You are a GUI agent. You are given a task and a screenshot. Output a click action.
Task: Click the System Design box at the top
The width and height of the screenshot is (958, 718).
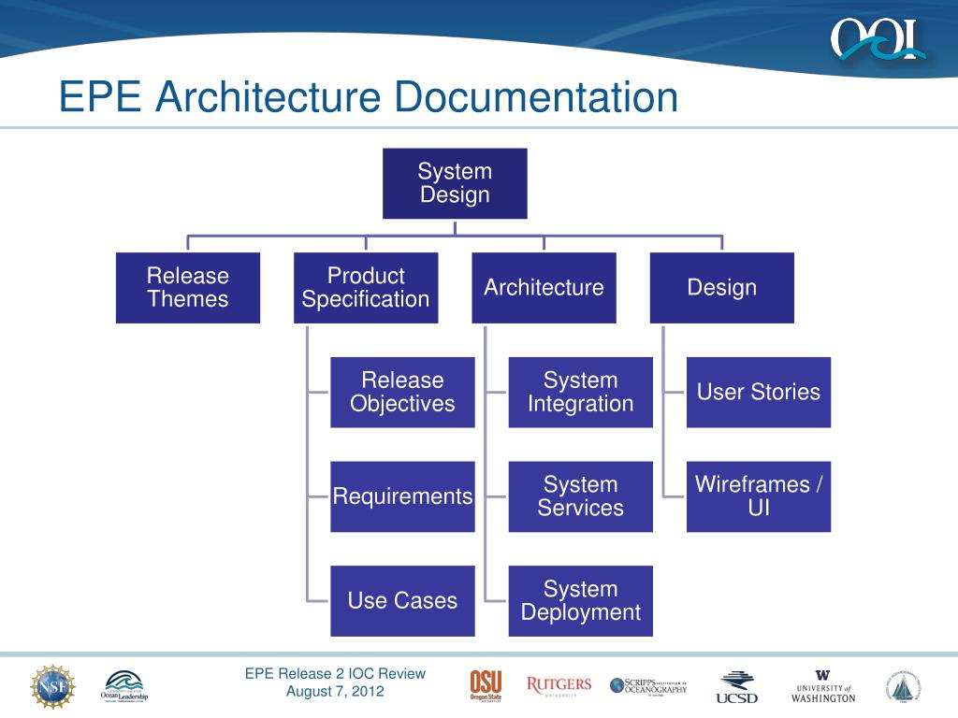click(455, 183)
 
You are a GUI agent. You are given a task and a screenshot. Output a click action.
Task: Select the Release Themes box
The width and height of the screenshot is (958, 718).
click(188, 288)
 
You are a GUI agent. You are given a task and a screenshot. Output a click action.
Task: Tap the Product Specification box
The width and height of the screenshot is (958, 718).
click(366, 288)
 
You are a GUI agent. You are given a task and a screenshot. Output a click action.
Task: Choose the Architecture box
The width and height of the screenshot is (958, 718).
click(544, 288)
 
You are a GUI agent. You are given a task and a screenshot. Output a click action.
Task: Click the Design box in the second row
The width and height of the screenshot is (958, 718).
click(721, 288)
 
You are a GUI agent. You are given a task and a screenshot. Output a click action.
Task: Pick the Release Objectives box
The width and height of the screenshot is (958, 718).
click(402, 393)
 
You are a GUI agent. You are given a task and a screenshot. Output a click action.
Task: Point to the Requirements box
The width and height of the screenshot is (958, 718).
click(402, 496)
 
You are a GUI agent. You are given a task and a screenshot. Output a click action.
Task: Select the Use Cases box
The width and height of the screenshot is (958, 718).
click(402, 601)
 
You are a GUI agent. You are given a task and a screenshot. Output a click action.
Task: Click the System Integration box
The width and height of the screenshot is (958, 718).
click(580, 393)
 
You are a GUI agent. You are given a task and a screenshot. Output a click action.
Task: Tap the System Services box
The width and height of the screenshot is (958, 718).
click(580, 496)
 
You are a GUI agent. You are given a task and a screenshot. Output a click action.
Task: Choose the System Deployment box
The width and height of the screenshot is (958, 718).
click(580, 601)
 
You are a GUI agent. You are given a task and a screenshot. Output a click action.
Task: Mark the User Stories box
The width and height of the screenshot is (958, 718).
click(758, 393)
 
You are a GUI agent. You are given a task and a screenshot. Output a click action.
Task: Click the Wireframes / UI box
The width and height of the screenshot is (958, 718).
click(758, 496)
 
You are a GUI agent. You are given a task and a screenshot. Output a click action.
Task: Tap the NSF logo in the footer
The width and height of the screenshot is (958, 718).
click(52, 686)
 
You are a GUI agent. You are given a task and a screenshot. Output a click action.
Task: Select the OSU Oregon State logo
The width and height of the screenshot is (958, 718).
click(486, 686)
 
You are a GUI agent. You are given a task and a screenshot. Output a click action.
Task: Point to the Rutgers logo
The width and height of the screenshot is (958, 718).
click(559, 685)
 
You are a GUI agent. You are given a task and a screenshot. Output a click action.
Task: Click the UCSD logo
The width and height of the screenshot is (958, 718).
click(737, 687)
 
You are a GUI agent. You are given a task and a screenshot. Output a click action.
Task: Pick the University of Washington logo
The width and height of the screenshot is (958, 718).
click(822, 686)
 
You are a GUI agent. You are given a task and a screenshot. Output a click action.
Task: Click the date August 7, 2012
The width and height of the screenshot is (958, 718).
click(335, 692)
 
